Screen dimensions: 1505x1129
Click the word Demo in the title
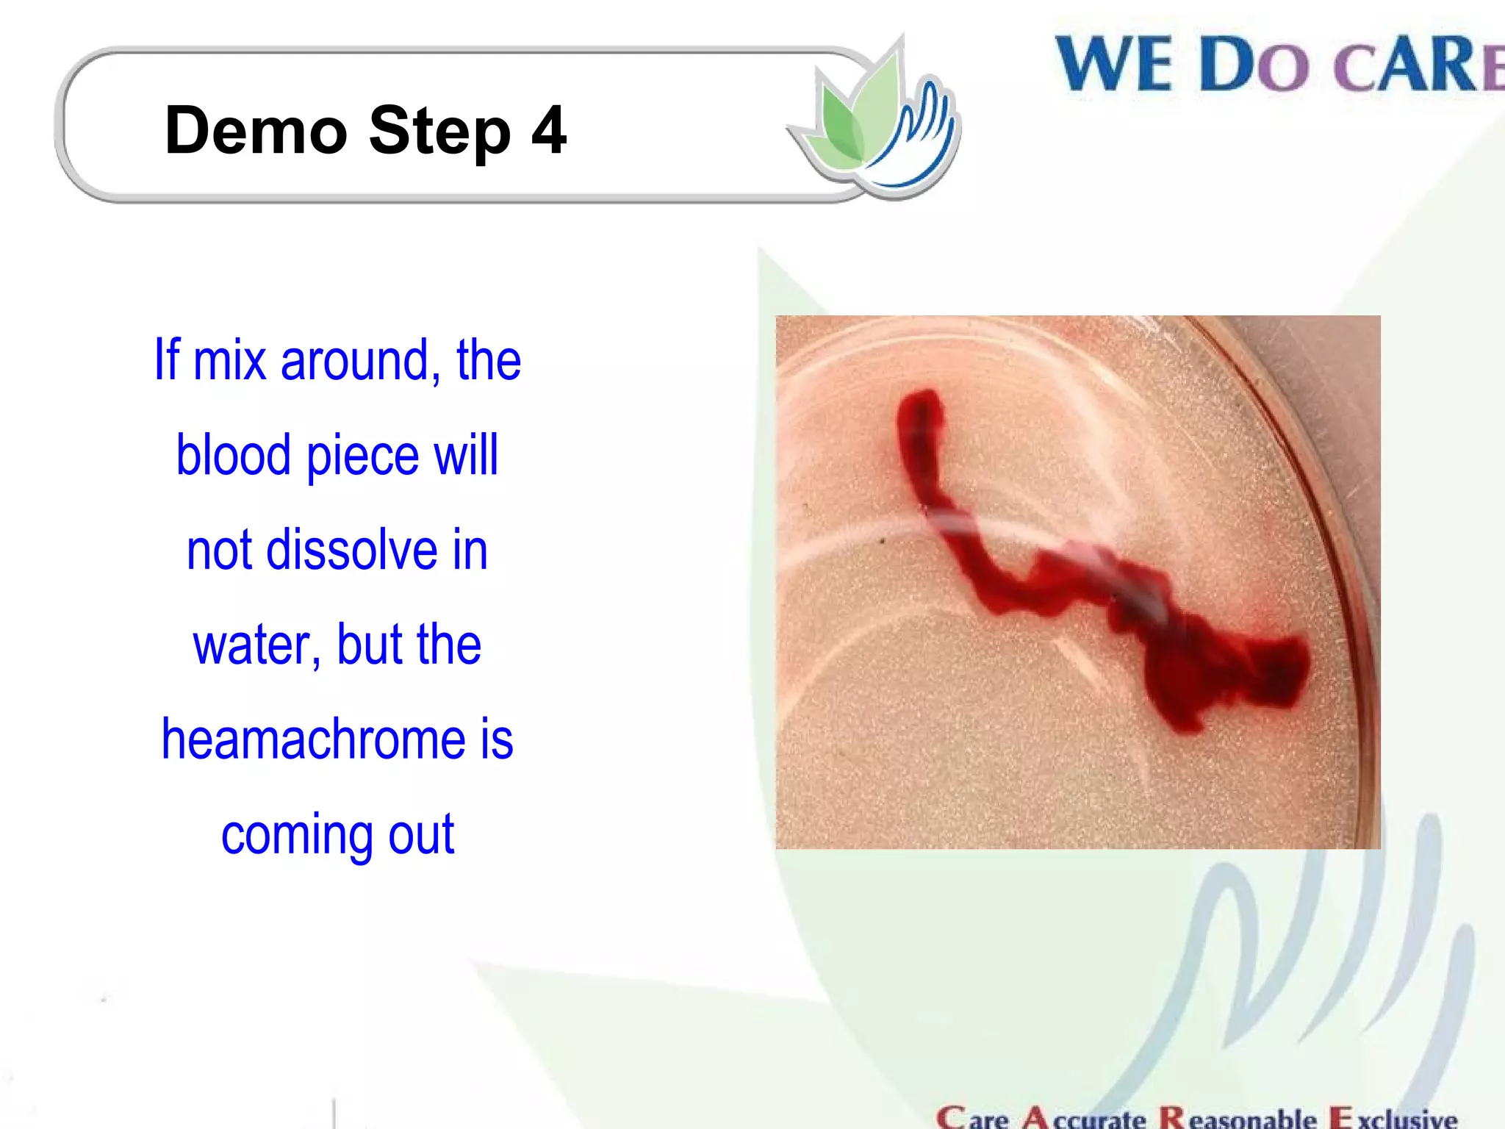coord(256,131)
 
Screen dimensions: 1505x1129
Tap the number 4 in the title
coord(548,131)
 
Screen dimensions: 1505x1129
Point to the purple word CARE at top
coord(1418,66)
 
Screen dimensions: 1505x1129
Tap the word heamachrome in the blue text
coord(313,739)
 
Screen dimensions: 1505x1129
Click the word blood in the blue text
coord(234,456)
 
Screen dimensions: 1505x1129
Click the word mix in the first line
coord(229,361)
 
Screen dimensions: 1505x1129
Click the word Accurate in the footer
coord(1085,1117)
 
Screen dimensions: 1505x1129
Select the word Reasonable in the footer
coord(1238,1117)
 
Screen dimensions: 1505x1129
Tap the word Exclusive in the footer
coord(1393,1117)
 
